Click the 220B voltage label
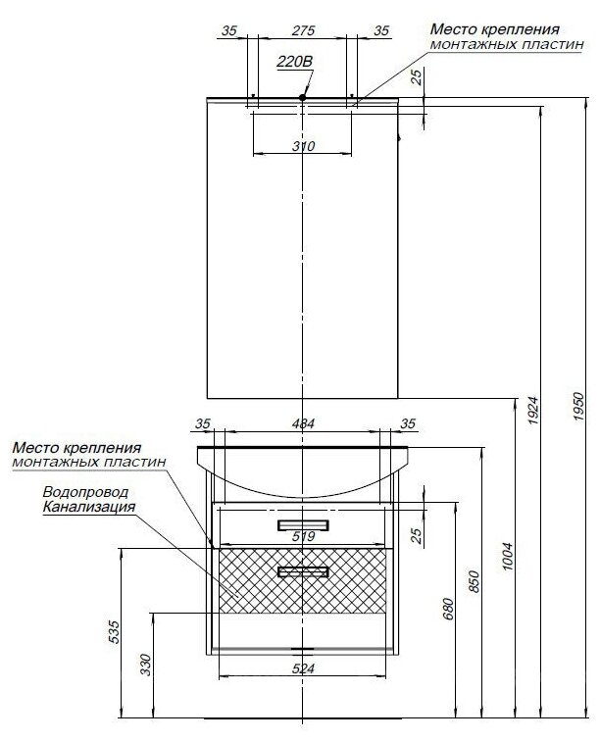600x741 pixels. click(x=294, y=63)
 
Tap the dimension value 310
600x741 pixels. click(x=303, y=146)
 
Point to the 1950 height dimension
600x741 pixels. click(x=578, y=403)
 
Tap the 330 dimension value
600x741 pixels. click(x=145, y=666)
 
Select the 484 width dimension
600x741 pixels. click(x=303, y=423)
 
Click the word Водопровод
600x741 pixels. click(x=85, y=492)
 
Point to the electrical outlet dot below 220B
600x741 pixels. click(x=303, y=97)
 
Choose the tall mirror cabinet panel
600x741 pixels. click(x=303, y=250)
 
